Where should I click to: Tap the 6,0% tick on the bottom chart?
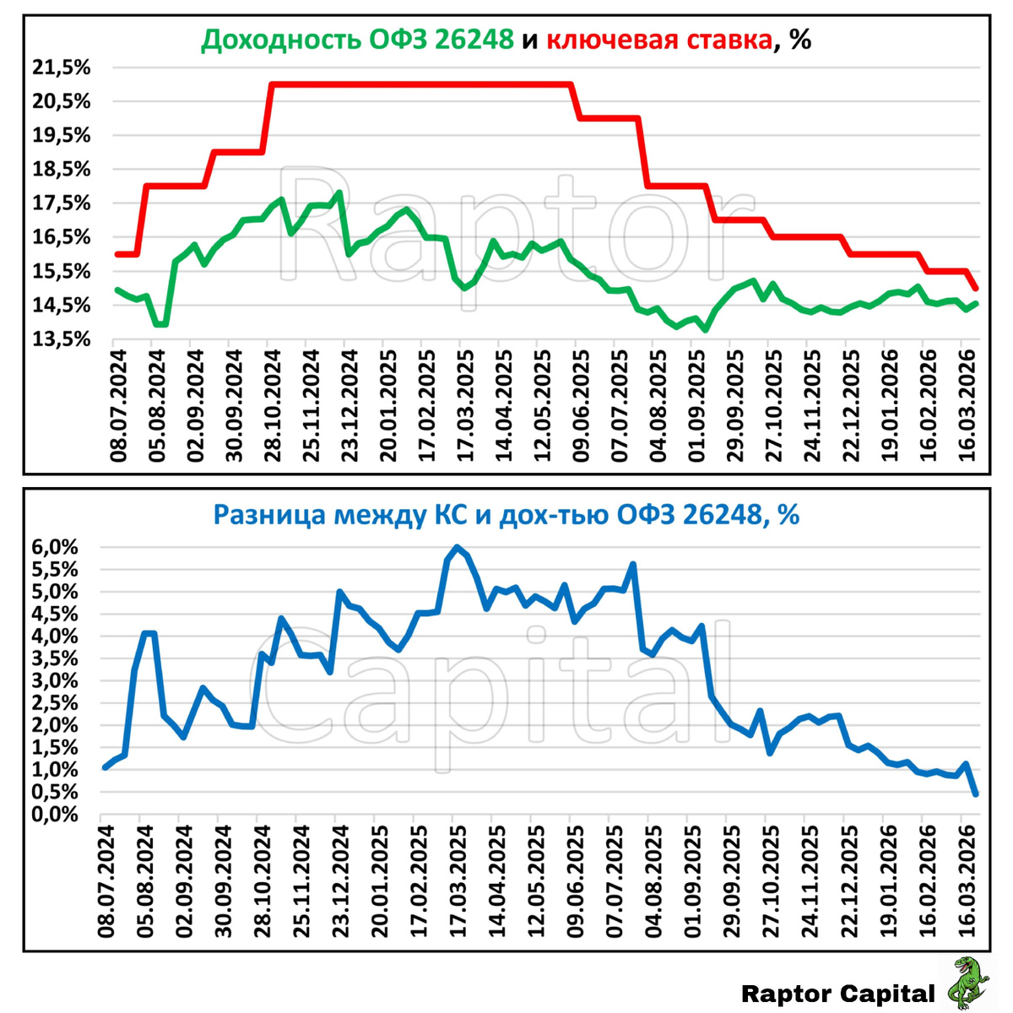pyautogui.click(x=56, y=547)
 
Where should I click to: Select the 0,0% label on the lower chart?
pyautogui.click(x=56, y=815)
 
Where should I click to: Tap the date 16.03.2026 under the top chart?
pyautogui.click(x=966, y=404)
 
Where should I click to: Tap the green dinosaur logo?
pyautogui.click(x=969, y=983)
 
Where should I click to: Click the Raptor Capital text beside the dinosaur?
pyautogui.click(x=837, y=994)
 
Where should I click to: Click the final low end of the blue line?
pyautogui.click(x=976, y=794)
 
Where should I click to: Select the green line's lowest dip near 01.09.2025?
pyautogui.click(x=705, y=330)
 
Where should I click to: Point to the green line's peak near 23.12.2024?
pyautogui.click(x=339, y=192)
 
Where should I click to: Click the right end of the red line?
pyautogui.click(x=976, y=289)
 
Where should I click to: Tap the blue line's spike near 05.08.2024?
pyautogui.click(x=149, y=633)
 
